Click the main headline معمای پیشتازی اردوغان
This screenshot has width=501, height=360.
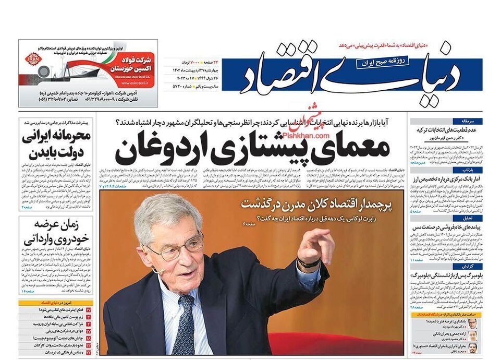(252, 148)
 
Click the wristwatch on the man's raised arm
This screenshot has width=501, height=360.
(309, 263)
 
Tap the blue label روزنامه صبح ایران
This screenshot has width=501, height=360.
(383, 62)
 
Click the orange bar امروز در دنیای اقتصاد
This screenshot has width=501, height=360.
(56, 303)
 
